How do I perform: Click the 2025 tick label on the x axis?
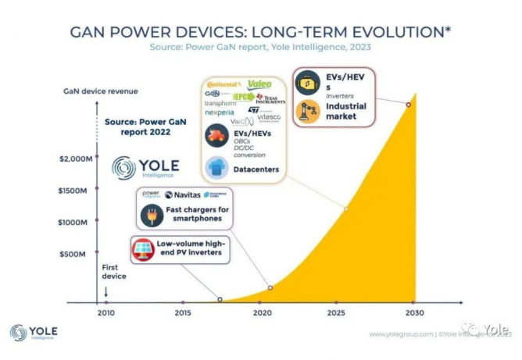[x=337, y=314]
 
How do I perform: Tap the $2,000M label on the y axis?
[x=77, y=159]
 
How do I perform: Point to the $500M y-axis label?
[x=81, y=254]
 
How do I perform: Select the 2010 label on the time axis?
[x=105, y=314]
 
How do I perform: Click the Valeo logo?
[x=259, y=84]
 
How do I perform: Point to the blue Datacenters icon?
[x=216, y=168]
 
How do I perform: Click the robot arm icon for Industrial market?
[x=308, y=111]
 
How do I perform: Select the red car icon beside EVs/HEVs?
[x=216, y=136]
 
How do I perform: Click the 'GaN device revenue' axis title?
[x=100, y=91]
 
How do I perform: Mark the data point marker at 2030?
[x=407, y=105]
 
